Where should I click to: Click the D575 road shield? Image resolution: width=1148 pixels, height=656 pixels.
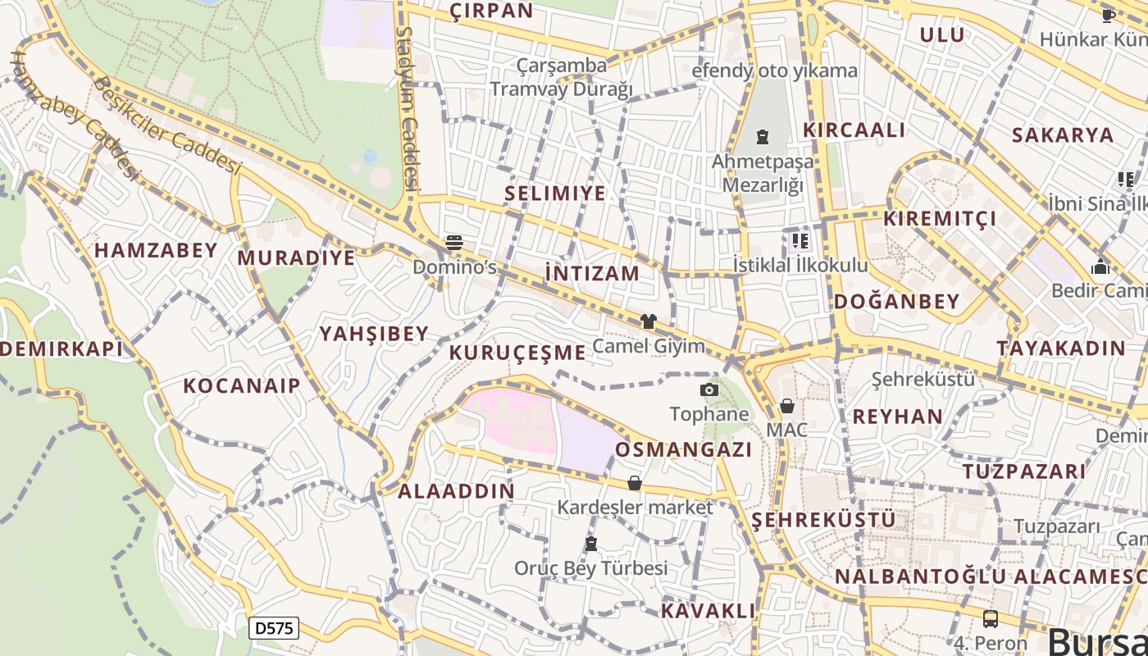tap(273, 629)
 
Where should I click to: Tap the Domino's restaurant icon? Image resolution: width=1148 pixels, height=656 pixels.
tap(454, 242)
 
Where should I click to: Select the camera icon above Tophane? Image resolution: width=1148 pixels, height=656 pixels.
tap(709, 389)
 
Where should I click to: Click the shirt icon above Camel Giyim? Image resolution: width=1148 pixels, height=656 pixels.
tap(649, 321)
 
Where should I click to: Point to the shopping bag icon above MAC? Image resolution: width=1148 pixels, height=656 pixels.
tap(787, 406)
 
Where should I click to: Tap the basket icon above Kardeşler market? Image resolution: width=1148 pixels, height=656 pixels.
tap(635, 483)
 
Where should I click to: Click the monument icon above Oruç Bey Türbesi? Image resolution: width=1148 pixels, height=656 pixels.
tap(590, 544)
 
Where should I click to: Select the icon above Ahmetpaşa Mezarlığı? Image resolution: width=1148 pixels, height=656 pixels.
tap(763, 136)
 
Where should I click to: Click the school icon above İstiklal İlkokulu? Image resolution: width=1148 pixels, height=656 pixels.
tap(799, 241)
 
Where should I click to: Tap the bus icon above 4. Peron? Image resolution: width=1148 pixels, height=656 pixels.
tap(991, 619)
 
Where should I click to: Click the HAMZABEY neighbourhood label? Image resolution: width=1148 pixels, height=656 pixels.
tap(156, 250)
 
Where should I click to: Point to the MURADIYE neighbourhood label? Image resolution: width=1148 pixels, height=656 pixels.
tap(297, 257)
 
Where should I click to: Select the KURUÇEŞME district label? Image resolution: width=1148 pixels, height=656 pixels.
tap(517, 353)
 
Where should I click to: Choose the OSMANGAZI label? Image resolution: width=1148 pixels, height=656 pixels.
tap(684, 449)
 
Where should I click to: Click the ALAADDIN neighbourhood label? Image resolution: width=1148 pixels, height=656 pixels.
tap(457, 491)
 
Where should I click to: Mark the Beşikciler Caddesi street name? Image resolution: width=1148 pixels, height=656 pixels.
tap(167, 125)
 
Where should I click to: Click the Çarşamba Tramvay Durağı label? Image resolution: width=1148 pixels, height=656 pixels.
tap(563, 77)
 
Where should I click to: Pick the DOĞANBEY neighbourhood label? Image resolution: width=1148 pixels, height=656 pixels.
tap(896, 301)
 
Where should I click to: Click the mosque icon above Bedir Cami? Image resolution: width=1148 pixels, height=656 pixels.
tap(1100, 266)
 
